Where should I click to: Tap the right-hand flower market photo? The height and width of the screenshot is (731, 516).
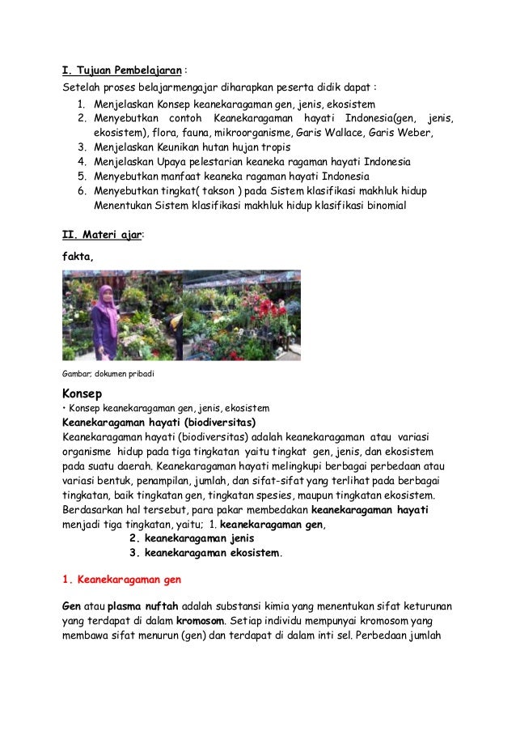(241, 315)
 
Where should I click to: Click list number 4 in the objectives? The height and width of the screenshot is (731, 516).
(82, 161)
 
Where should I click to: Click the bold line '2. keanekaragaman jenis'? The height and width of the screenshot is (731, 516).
(192, 538)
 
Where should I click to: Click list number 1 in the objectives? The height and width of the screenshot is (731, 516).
(82, 104)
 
